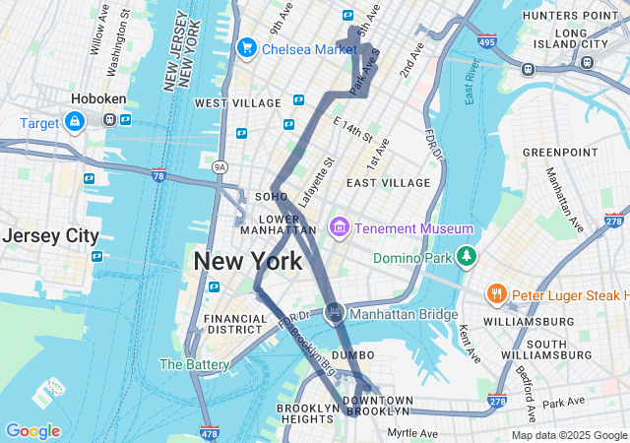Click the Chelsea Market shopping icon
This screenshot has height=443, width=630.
click(x=246, y=48)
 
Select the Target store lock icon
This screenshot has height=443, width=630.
click(x=74, y=120)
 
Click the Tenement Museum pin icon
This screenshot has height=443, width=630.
click(x=340, y=228)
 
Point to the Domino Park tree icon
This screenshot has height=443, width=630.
click(x=466, y=258)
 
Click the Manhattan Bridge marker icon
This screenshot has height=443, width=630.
click(x=335, y=314)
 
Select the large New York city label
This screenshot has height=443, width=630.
click(x=248, y=262)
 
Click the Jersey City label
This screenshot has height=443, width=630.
click(x=50, y=236)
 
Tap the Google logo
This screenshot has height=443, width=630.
click(x=32, y=431)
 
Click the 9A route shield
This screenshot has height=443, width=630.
click(x=220, y=168)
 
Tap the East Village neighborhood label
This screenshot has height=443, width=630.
click(x=388, y=182)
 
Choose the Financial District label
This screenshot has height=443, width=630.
click(x=235, y=325)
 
